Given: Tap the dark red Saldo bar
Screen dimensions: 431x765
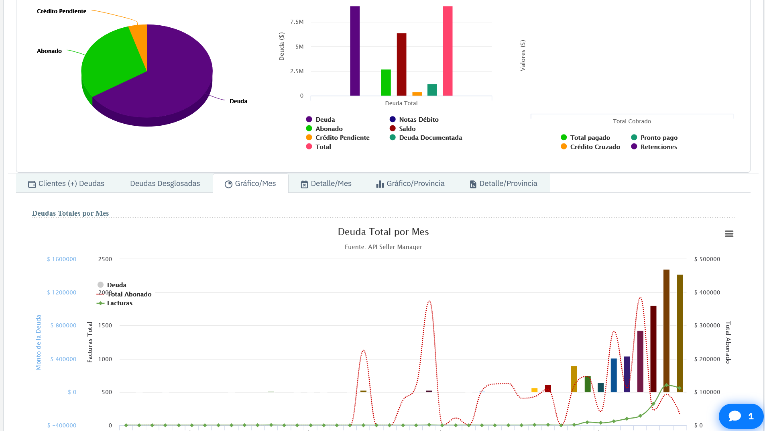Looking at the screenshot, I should point(401,64).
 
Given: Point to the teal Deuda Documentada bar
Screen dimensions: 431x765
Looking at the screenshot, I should point(432,90).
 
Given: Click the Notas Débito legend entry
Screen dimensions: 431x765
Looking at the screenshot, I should point(418,120).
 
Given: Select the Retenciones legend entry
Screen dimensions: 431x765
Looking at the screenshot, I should point(658,147).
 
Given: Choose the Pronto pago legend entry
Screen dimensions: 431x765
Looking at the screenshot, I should point(659,138).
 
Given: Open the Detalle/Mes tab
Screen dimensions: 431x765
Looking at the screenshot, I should point(326,184).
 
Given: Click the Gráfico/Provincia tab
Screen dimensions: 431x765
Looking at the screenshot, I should point(410,184).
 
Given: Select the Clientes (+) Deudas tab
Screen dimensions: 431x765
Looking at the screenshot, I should point(66,184).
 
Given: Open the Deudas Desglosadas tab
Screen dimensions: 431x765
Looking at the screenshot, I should point(165,184).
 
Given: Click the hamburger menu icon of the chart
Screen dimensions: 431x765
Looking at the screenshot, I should point(729,234).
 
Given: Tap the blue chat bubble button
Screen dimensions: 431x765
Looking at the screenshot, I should point(741,416).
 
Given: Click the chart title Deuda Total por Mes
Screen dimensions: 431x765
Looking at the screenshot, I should point(383,232).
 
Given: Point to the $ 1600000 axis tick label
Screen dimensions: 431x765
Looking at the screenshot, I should point(61,259).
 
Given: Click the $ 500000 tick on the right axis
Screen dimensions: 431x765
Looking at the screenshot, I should point(707,259).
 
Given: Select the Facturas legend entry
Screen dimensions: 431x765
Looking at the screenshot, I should point(119,303).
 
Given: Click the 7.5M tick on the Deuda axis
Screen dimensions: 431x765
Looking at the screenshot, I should point(297,22).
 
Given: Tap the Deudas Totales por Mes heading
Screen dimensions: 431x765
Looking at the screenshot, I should point(70,213).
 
